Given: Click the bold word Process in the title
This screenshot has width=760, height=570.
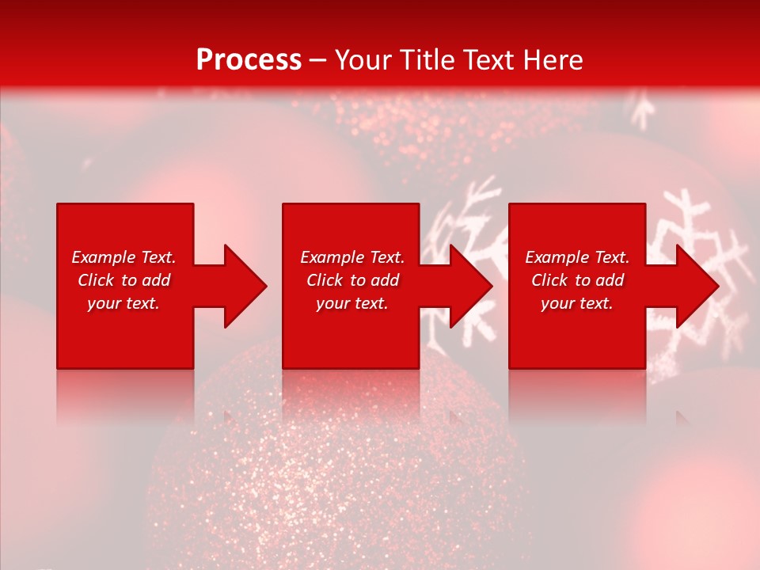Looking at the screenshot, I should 249,60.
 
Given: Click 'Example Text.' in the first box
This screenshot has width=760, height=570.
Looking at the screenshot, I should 123,257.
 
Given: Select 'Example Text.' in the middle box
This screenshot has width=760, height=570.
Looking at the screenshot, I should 352,257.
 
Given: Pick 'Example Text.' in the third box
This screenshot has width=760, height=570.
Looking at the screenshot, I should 577,257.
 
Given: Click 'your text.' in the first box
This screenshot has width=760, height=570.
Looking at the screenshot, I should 123,303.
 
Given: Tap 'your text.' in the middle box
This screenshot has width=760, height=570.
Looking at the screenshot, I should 352,303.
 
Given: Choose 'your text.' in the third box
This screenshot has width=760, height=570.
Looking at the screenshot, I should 577,303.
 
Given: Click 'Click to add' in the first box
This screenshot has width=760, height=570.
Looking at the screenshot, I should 123,280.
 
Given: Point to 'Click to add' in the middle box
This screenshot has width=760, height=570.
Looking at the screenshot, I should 352,280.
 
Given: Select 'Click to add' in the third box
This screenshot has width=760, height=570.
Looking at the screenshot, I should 577,280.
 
